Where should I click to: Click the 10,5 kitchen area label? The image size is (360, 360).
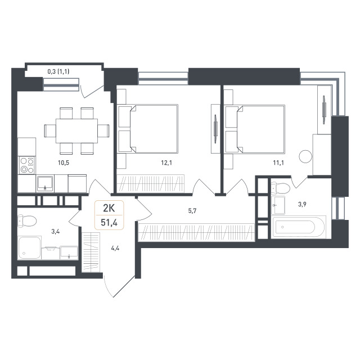(64, 163)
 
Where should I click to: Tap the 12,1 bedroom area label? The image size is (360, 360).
(166, 163)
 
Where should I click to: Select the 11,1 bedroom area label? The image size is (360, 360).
(278, 163)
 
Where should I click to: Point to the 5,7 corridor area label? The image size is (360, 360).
(192, 211)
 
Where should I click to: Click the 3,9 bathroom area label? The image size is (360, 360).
(302, 204)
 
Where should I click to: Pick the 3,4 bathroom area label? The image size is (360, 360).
(56, 231)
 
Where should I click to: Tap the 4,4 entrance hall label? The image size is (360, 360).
(115, 248)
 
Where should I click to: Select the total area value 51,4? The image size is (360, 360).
(109, 223)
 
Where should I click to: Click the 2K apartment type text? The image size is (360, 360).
(109, 208)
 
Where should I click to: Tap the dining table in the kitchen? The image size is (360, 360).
(76, 131)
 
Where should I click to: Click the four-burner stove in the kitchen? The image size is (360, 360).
(27, 165)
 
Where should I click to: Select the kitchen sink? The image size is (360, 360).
(45, 184)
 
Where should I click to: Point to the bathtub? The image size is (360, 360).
(298, 227)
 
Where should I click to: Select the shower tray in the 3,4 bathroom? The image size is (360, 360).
(29, 248)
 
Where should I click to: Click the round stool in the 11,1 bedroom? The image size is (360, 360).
(305, 156)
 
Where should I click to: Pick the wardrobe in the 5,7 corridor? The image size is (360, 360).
(196, 232)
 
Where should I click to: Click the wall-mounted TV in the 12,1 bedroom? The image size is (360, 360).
(215, 129)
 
